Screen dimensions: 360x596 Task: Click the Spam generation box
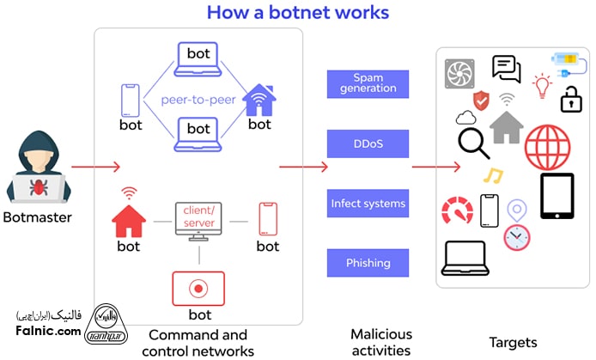tap(368, 83)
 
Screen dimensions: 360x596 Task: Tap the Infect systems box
tap(368, 204)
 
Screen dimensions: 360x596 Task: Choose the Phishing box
tap(368, 263)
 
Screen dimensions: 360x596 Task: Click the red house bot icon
tap(130, 218)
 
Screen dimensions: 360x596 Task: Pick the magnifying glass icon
tap(473, 143)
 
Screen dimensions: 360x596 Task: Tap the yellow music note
tap(492, 176)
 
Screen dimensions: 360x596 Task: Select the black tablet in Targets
tap(556, 196)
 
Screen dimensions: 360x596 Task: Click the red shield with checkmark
tap(482, 101)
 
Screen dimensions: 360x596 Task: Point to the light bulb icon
tap(541, 84)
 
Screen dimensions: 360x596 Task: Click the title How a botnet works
tap(297, 13)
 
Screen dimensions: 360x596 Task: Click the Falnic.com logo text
tap(48, 331)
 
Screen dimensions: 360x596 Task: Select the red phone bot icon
tap(267, 220)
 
